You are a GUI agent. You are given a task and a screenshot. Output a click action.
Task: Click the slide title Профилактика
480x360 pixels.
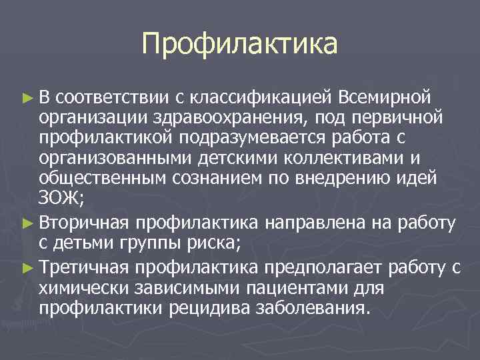click(239, 45)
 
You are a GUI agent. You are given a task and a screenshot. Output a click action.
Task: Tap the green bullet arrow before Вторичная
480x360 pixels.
click(27, 222)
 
